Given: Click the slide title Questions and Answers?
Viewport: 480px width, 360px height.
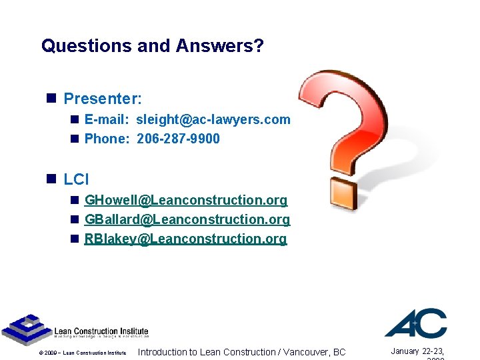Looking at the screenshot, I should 153,46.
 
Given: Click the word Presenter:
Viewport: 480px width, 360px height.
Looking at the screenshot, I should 103,99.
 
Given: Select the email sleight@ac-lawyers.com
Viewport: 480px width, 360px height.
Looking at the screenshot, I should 213,119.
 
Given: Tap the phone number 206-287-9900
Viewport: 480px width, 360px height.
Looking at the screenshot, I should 178,139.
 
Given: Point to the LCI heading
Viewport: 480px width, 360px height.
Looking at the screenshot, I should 76,179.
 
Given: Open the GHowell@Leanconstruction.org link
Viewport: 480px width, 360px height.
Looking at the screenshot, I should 186,200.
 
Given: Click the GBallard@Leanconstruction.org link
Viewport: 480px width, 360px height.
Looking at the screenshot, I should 187,219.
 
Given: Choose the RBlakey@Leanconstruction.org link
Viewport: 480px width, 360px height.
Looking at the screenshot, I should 185,239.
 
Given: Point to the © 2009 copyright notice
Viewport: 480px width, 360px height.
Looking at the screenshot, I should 82,353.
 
